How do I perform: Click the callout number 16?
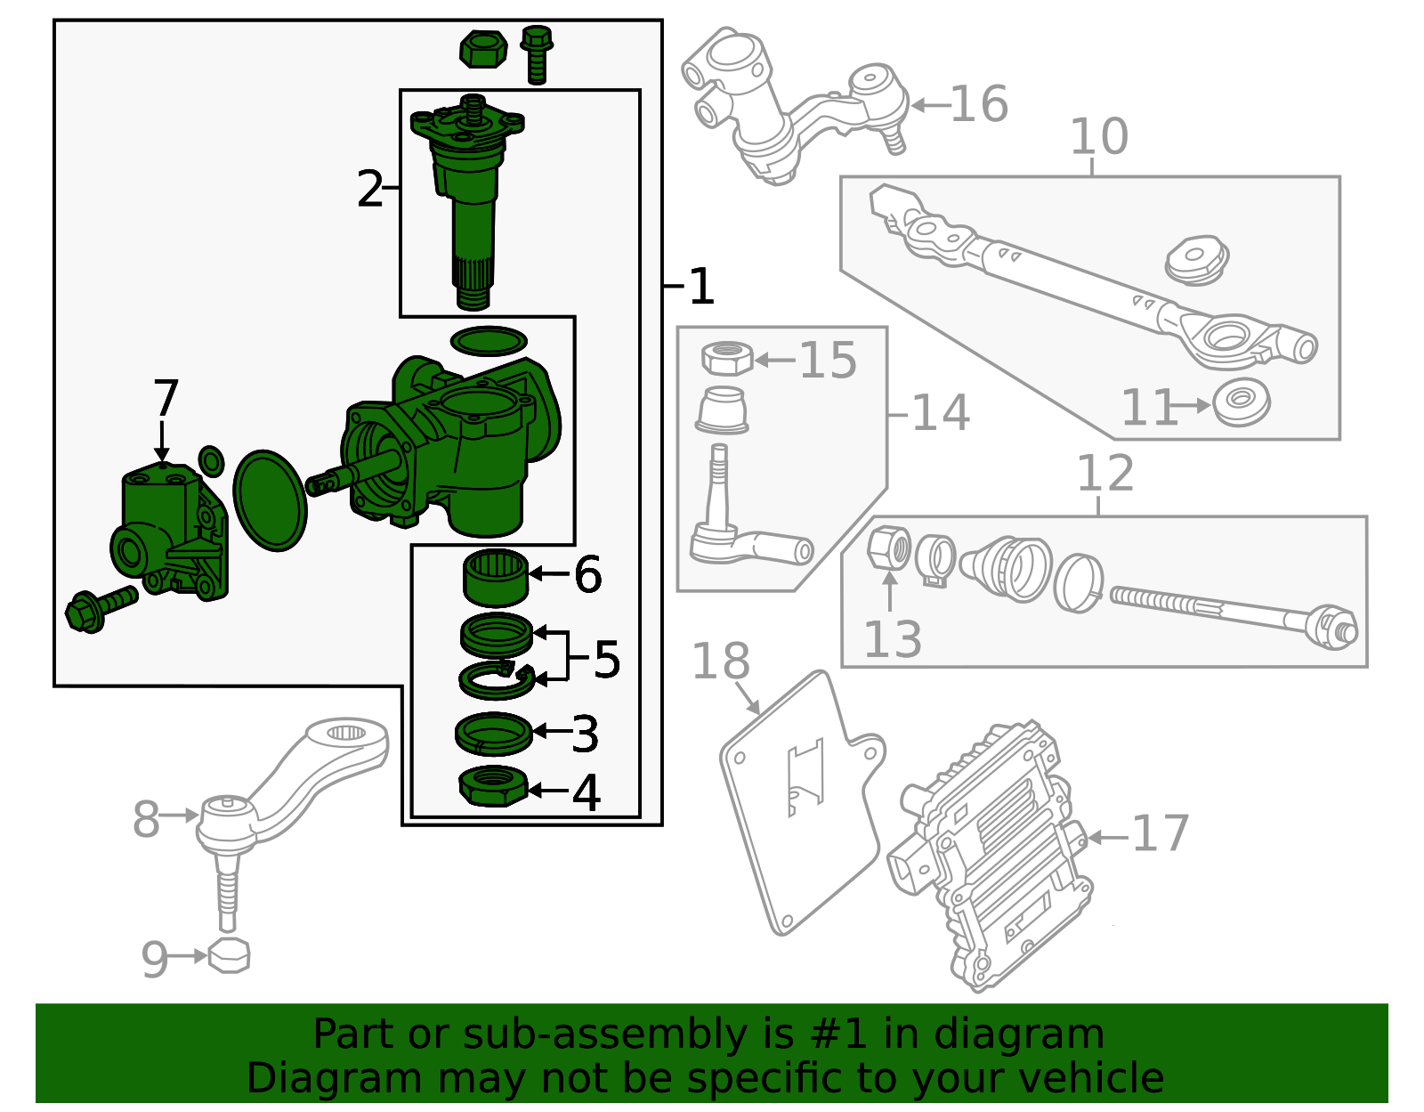tap(979, 104)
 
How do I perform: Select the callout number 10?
tap(1098, 137)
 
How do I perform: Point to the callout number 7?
tap(166, 398)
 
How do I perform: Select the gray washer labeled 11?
tap(1242, 402)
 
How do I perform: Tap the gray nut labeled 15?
tap(727, 359)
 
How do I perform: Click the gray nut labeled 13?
tap(888, 547)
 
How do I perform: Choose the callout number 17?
tap(1160, 834)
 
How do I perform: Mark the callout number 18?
tap(720, 662)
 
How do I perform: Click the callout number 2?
tap(369, 190)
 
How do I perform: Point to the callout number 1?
tap(701, 287)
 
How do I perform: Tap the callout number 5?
tap(606, 660)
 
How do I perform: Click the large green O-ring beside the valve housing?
tap(271, 500)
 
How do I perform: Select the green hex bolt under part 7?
tap(101, 607)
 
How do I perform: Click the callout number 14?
tap(940, 413)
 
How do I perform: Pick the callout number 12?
tap(1104, 474)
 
